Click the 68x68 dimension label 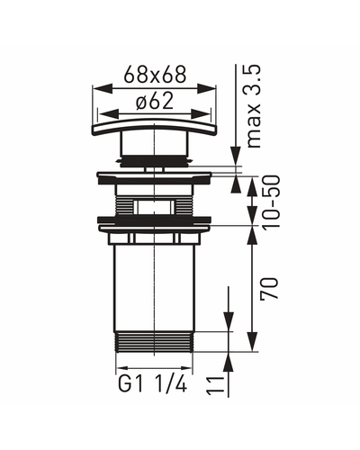pyautogui.click(x=155, y=75)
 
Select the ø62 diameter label pyautogui.click(x=155, y=101)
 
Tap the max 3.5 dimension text pyautogui.click(x=254, y=106)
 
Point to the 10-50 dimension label pyautogui.click(x=271, y=202)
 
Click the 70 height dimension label pyautogui.click(x=269, y=288)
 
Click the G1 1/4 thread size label pyautogui.click(x=153, y=384)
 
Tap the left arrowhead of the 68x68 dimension pyautogui.click(x=103, y=88)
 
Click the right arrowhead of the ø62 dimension pyautogui.click(x=201, y=114)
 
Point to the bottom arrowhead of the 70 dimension pyautogui.click(x=254, y=341)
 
